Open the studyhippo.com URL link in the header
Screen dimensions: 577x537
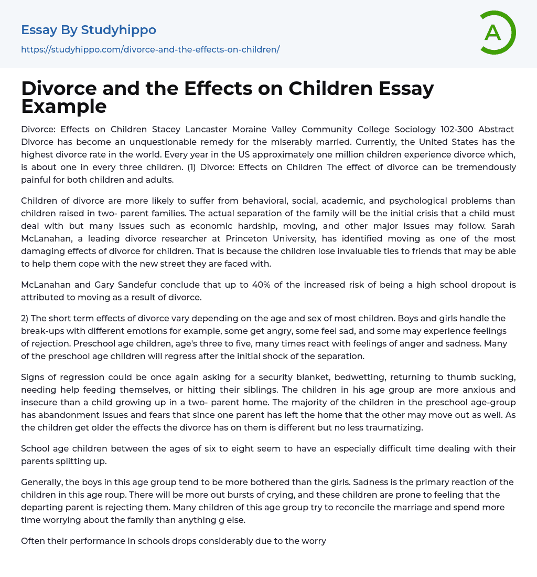pyautogui.click(x=150, y=49)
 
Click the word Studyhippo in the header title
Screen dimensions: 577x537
pyautogui.click(x=119, y=30)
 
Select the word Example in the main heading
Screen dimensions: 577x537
pyautogui.click(x=64, y=107)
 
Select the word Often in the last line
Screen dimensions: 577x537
pyautogui.click(x=34, y=540)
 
